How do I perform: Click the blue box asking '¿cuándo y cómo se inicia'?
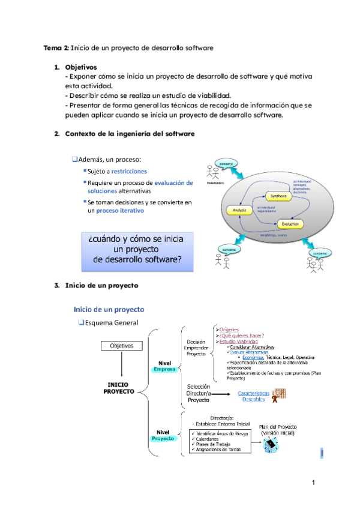(x=136, y=250)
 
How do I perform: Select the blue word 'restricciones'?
(x=128, y=172)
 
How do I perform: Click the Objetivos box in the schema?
(x=122, y=346)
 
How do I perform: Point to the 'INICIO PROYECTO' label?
(x=122, y=388)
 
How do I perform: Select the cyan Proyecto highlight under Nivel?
(x=162, y=439)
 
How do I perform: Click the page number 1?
(x=313, y=483)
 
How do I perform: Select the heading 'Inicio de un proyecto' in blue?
(x=109, y=310)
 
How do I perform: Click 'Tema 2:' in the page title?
(x=56, y=47)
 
